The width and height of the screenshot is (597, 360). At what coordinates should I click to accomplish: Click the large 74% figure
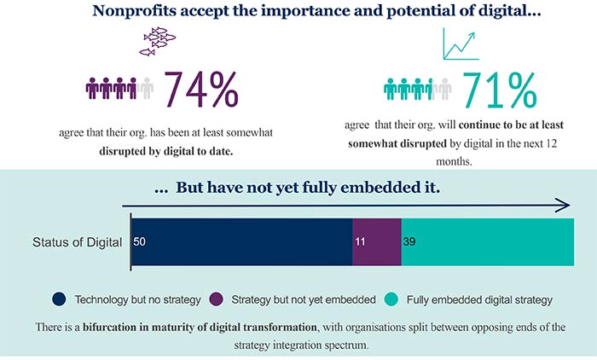click(x=200, y=88)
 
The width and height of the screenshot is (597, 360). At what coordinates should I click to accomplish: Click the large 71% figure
click(x=499, y=88)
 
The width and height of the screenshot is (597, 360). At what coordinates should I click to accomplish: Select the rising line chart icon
click(x=461, y=44)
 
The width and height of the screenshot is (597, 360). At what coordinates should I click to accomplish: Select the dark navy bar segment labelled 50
click(x=241, y=242)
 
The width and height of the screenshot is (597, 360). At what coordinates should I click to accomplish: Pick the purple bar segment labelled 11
click(x=377, y=242)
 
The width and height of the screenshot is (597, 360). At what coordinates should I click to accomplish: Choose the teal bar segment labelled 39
click(x=488, y=242)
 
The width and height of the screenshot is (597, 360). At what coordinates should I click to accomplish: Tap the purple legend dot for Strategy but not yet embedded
click(x=216, y=299)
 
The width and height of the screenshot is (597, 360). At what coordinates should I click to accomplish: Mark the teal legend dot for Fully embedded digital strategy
click(x=391, y=299)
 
